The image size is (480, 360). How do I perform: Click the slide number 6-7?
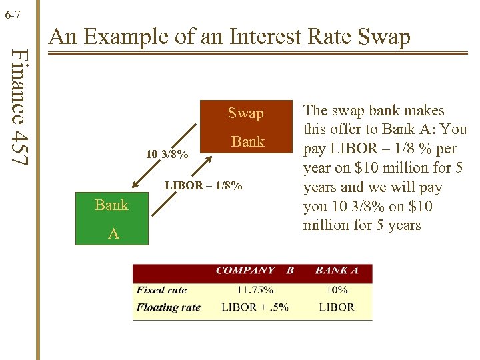point(13,13)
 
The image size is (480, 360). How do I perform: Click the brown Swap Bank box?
point(246,127)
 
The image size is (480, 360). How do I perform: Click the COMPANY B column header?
point(255,271)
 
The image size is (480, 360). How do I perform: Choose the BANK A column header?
point(337,271)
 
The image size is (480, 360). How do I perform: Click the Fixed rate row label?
point(161,290)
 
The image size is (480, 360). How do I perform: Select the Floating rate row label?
point(168,307)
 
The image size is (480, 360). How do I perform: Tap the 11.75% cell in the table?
point(255,290)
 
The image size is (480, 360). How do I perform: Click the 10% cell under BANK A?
point(337,290)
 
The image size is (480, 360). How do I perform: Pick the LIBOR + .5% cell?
point(255,307)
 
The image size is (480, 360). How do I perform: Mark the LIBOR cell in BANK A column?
point(337,307)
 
